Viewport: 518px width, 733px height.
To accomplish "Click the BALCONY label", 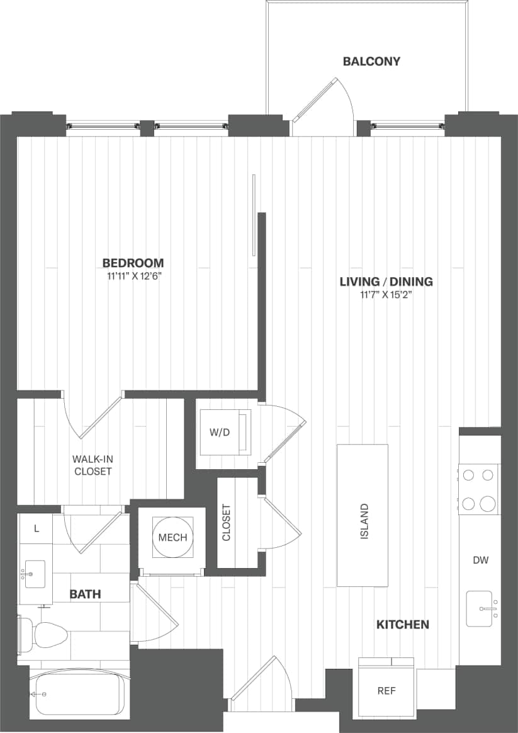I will (371, 61).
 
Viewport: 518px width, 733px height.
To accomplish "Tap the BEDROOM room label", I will (133, 263).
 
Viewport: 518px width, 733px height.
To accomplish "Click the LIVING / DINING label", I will (386, 281).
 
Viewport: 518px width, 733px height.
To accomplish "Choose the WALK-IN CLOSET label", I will (93, 465).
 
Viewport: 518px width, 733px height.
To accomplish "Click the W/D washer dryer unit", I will (225, 433).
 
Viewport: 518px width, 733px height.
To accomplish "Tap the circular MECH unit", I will (172, 537).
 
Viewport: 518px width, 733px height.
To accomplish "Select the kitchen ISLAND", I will (363, 515).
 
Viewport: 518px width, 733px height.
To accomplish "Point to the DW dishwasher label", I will (480, 559).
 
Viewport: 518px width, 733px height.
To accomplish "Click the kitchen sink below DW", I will (482, 609).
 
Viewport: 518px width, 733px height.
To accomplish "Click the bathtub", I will (78, 694).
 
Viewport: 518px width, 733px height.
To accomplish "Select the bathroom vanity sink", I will (35, 574).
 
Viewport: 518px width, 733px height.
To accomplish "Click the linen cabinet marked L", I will (36, 529).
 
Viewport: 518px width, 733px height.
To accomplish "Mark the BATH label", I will (85, 594).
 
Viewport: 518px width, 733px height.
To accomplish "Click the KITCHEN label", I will (403, 625).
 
